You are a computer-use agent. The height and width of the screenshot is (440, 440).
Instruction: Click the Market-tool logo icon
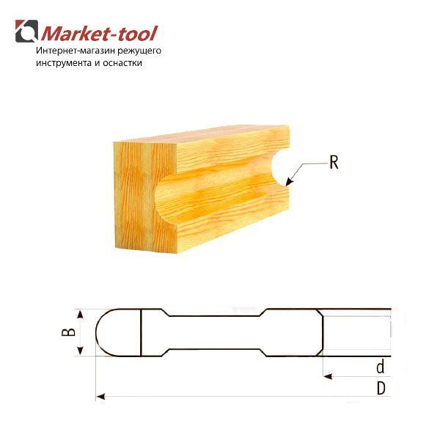26,31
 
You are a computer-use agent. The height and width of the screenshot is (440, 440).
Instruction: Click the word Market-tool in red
100,34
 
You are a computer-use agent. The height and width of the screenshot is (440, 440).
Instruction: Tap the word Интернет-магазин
76,51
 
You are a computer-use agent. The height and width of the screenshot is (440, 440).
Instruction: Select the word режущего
139,51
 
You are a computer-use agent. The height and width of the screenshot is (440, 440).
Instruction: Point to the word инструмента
64,63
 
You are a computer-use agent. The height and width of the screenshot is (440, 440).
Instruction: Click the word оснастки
122,63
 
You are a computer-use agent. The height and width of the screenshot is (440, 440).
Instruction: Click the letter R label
334,162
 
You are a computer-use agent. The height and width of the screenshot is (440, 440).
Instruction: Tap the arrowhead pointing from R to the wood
290,182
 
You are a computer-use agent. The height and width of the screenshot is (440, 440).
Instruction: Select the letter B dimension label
68,332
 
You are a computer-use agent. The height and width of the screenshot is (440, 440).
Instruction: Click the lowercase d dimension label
380,367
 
